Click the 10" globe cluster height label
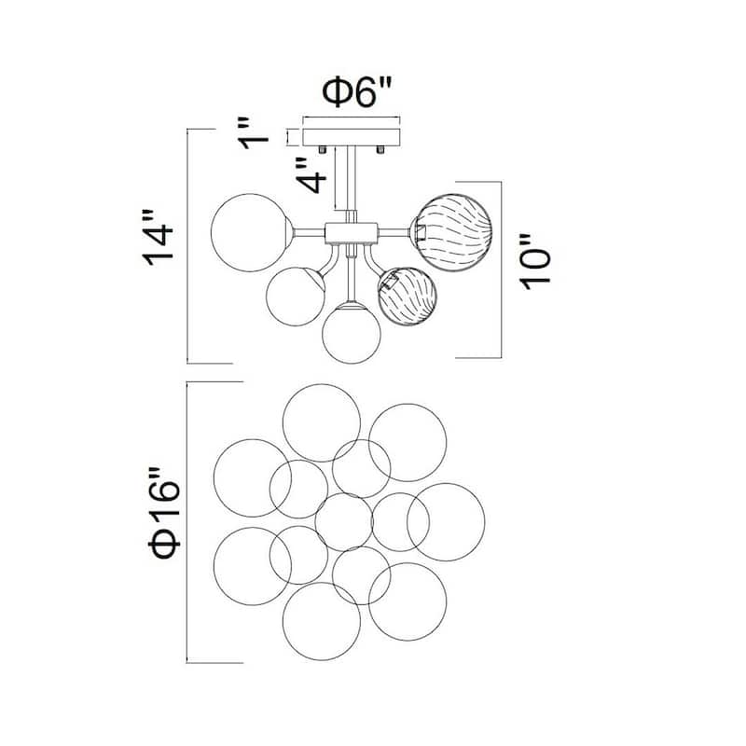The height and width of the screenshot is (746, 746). pyautogui.click(x=537, y=270)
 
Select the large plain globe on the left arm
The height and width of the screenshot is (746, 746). pyautogui.click(x=248, y=232)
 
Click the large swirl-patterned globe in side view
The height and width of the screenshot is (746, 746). pyautogui.click(x=453, y=229)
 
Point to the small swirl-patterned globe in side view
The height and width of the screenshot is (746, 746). pyautogui.click(x=407, y=296)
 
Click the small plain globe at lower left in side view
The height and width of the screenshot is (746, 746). pyautogui.click(x=295, y=296)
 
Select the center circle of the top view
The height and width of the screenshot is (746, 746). pyautogui.click(x=343, y=522)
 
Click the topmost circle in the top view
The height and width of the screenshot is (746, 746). pyautogui.click(x=321, y=422)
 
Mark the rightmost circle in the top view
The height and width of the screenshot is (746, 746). pyautogui.click(x=446, y=522)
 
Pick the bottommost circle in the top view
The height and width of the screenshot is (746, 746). pyautogui.click(x=321, y=621)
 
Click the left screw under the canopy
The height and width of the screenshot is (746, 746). pyautogui.click(x=322, y=149)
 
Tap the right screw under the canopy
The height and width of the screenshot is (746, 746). pyautogui.click(x=381, y=149)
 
